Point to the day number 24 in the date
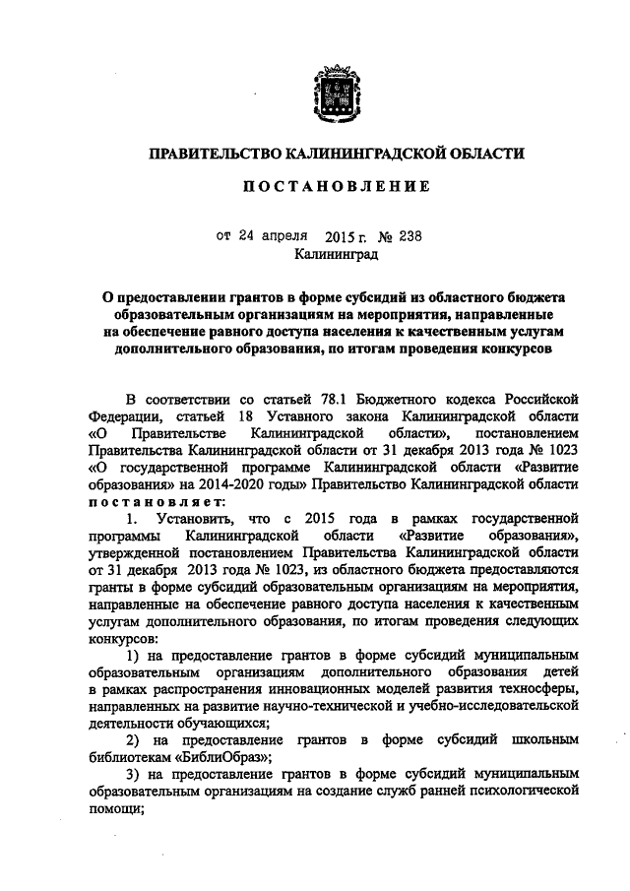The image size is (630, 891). point(247,236)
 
